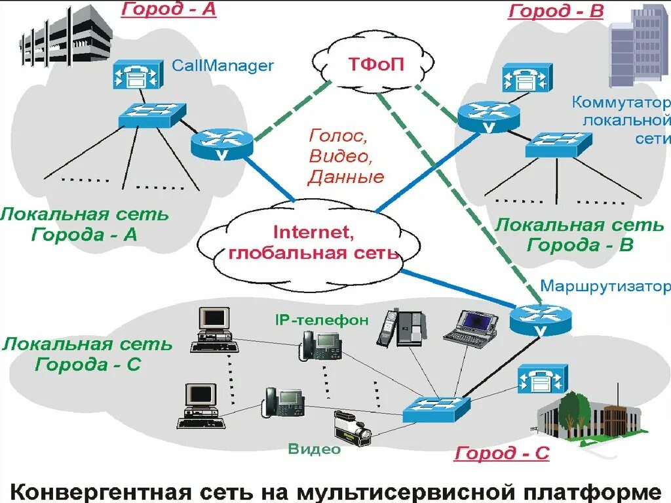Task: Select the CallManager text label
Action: [x=222, y=66]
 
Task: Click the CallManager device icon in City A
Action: [x=136, y=75]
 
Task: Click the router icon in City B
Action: [x=489, y=116]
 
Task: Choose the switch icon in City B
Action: [x=558, y=144]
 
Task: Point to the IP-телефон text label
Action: [x=322, y=320]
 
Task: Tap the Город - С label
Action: [x=502, y=453]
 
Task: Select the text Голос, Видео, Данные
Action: [x=346, y=156]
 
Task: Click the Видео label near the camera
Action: [x=314, y=449]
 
